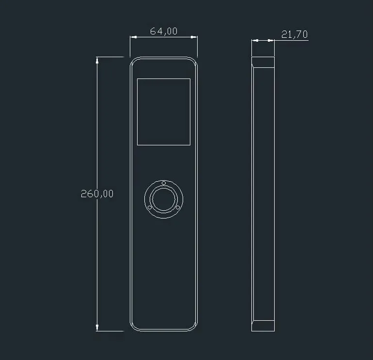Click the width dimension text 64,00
[164, 31]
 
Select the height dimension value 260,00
[97, 194]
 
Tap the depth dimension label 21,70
[294, 34]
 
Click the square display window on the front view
[164, 112]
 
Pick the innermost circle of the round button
[164, 199]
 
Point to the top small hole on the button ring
[164, 183]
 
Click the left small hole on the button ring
[150, 207]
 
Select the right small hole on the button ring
[178, 207]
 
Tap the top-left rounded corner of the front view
[133, 61]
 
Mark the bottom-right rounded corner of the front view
[195, 328]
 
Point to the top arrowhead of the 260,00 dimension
[98, 60]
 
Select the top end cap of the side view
[263, 62]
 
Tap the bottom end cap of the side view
[263, 326]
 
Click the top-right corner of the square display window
[190, 78]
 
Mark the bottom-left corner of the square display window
[138, 145]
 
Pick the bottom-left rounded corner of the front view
[133, 328]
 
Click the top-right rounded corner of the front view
[195, 61]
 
